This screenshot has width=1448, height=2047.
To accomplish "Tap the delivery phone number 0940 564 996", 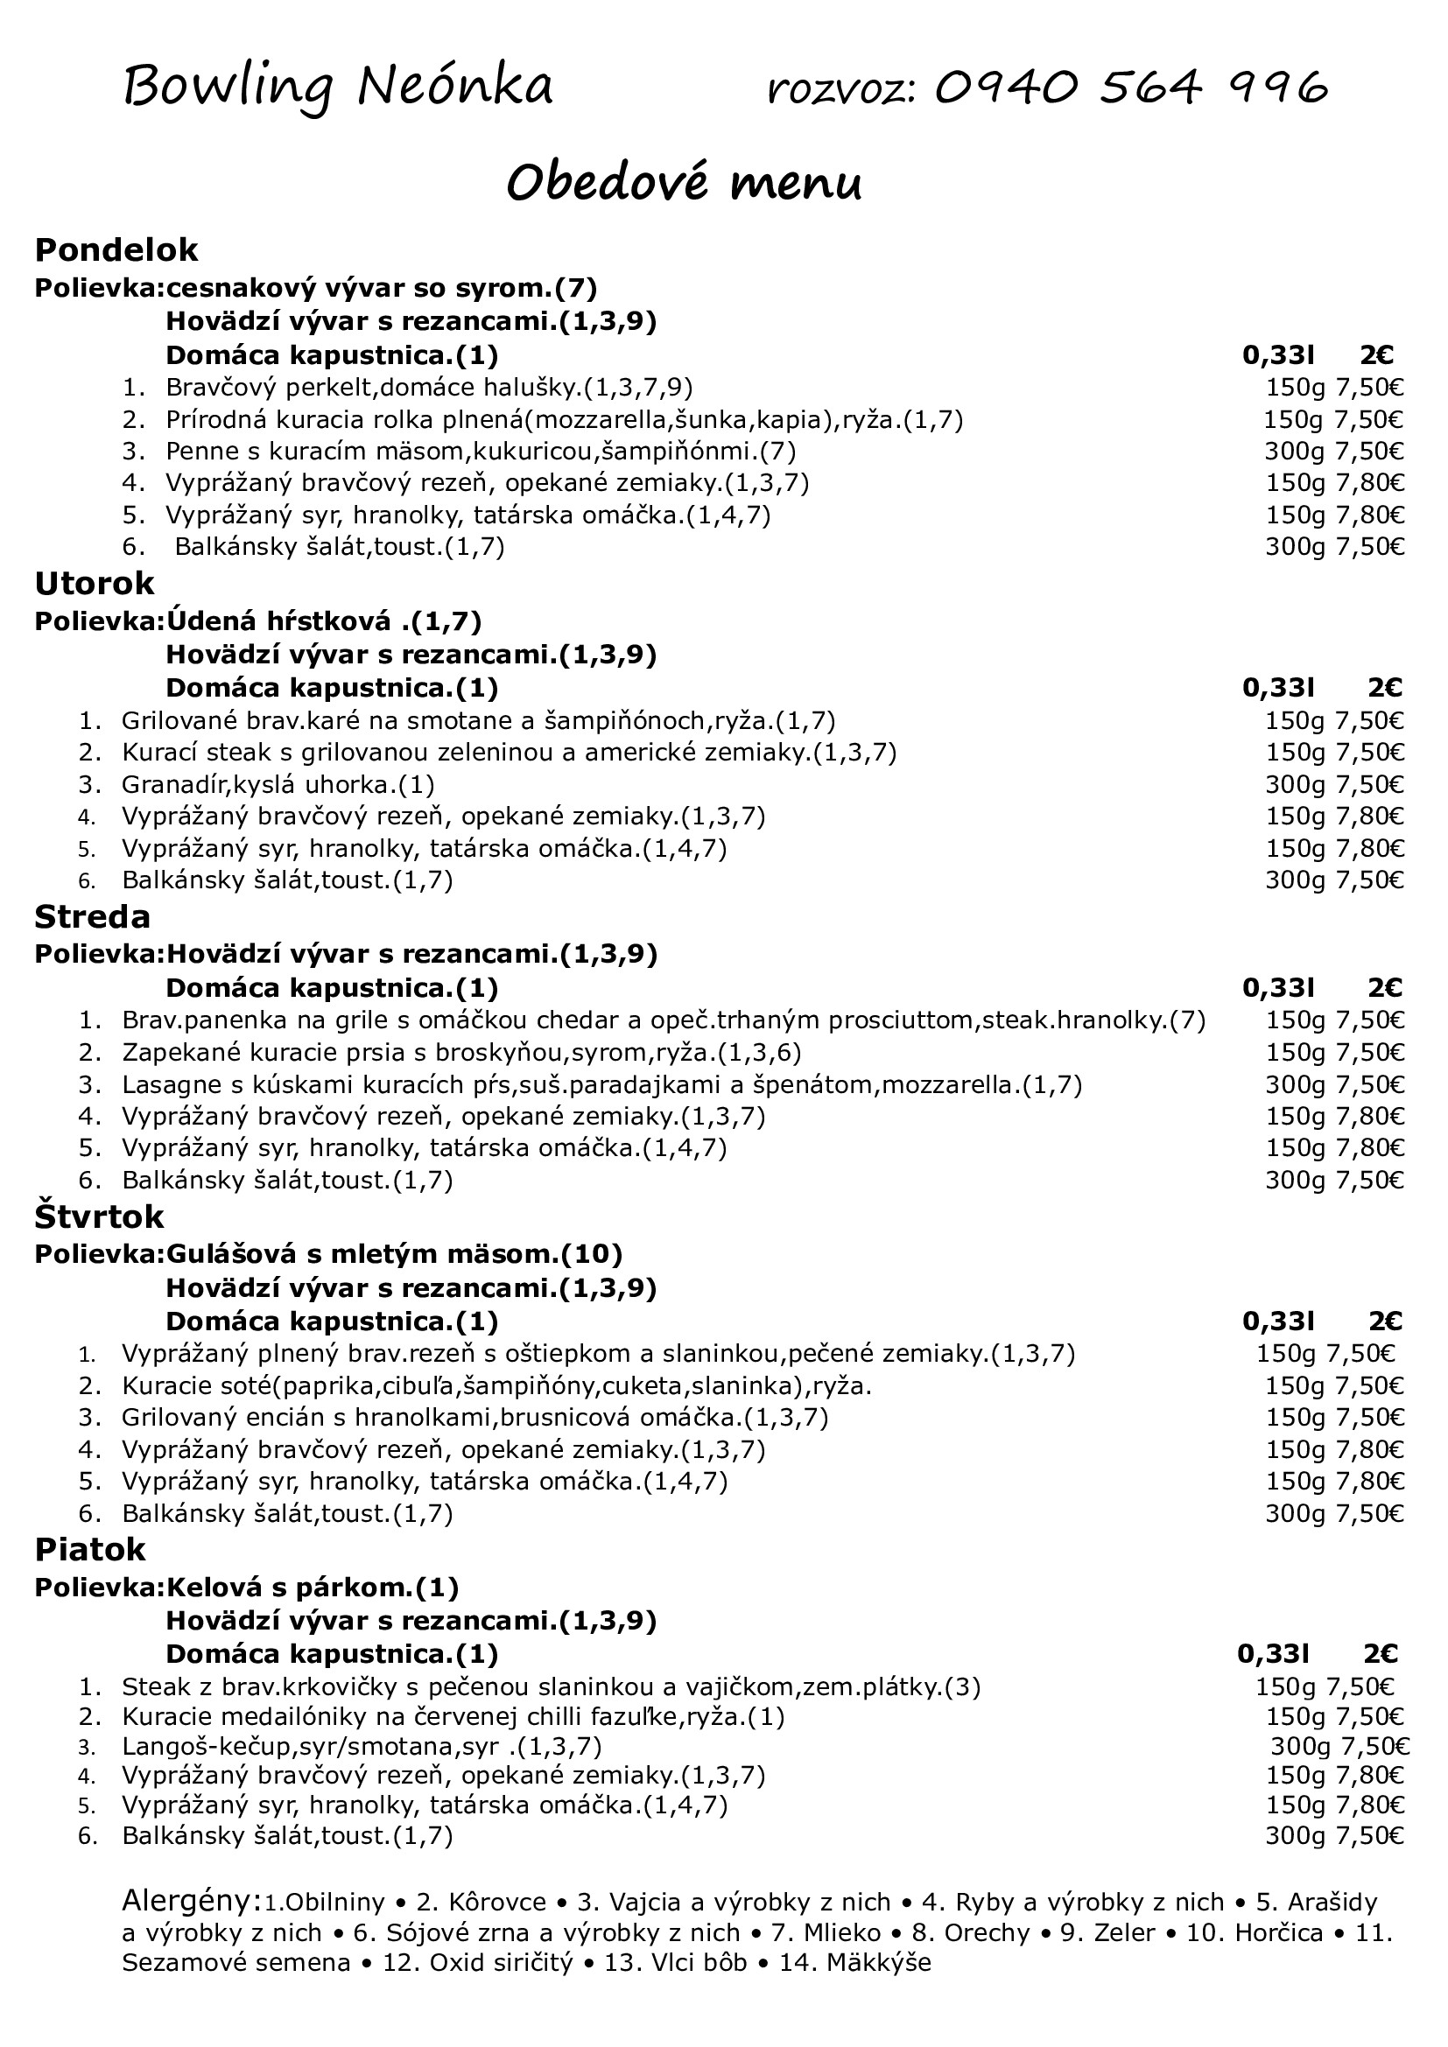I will coord(1131,88).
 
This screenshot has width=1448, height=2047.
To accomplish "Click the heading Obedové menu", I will coord(684,183).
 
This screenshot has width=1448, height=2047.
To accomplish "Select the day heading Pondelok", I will coord(116,250).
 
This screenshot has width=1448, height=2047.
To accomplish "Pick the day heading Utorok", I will coord(95,584).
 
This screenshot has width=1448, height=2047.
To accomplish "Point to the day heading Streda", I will coord(93,917).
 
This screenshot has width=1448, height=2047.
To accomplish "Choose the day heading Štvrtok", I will coord(100,1217).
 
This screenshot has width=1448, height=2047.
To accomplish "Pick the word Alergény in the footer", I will coord(191,1901).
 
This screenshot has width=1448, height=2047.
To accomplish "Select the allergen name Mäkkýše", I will coord(878,1963).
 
